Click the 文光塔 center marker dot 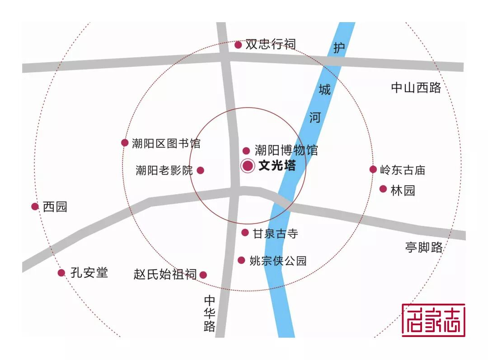coord(248,166)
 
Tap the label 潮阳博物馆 coord(286,150)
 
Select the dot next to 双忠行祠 coord(238,45)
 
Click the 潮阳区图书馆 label coord(166,144)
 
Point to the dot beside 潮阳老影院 coord(201,170)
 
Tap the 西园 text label coord(55,207)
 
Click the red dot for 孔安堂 coord(61,272)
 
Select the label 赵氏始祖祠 coord(165,274)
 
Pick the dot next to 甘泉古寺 coord(245,233)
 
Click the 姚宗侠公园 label coord(278,261)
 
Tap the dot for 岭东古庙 coord(373,169)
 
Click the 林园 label coord(403,190)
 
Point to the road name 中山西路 coord(416,88)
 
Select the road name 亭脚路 coord(424,247)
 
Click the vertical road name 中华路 coord(210,313)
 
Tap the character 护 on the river coord(338,47)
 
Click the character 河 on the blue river coord(315,118)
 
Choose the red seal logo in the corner coord(433,320)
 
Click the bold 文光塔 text coord(277,166)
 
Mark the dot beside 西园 coord(35,206)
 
